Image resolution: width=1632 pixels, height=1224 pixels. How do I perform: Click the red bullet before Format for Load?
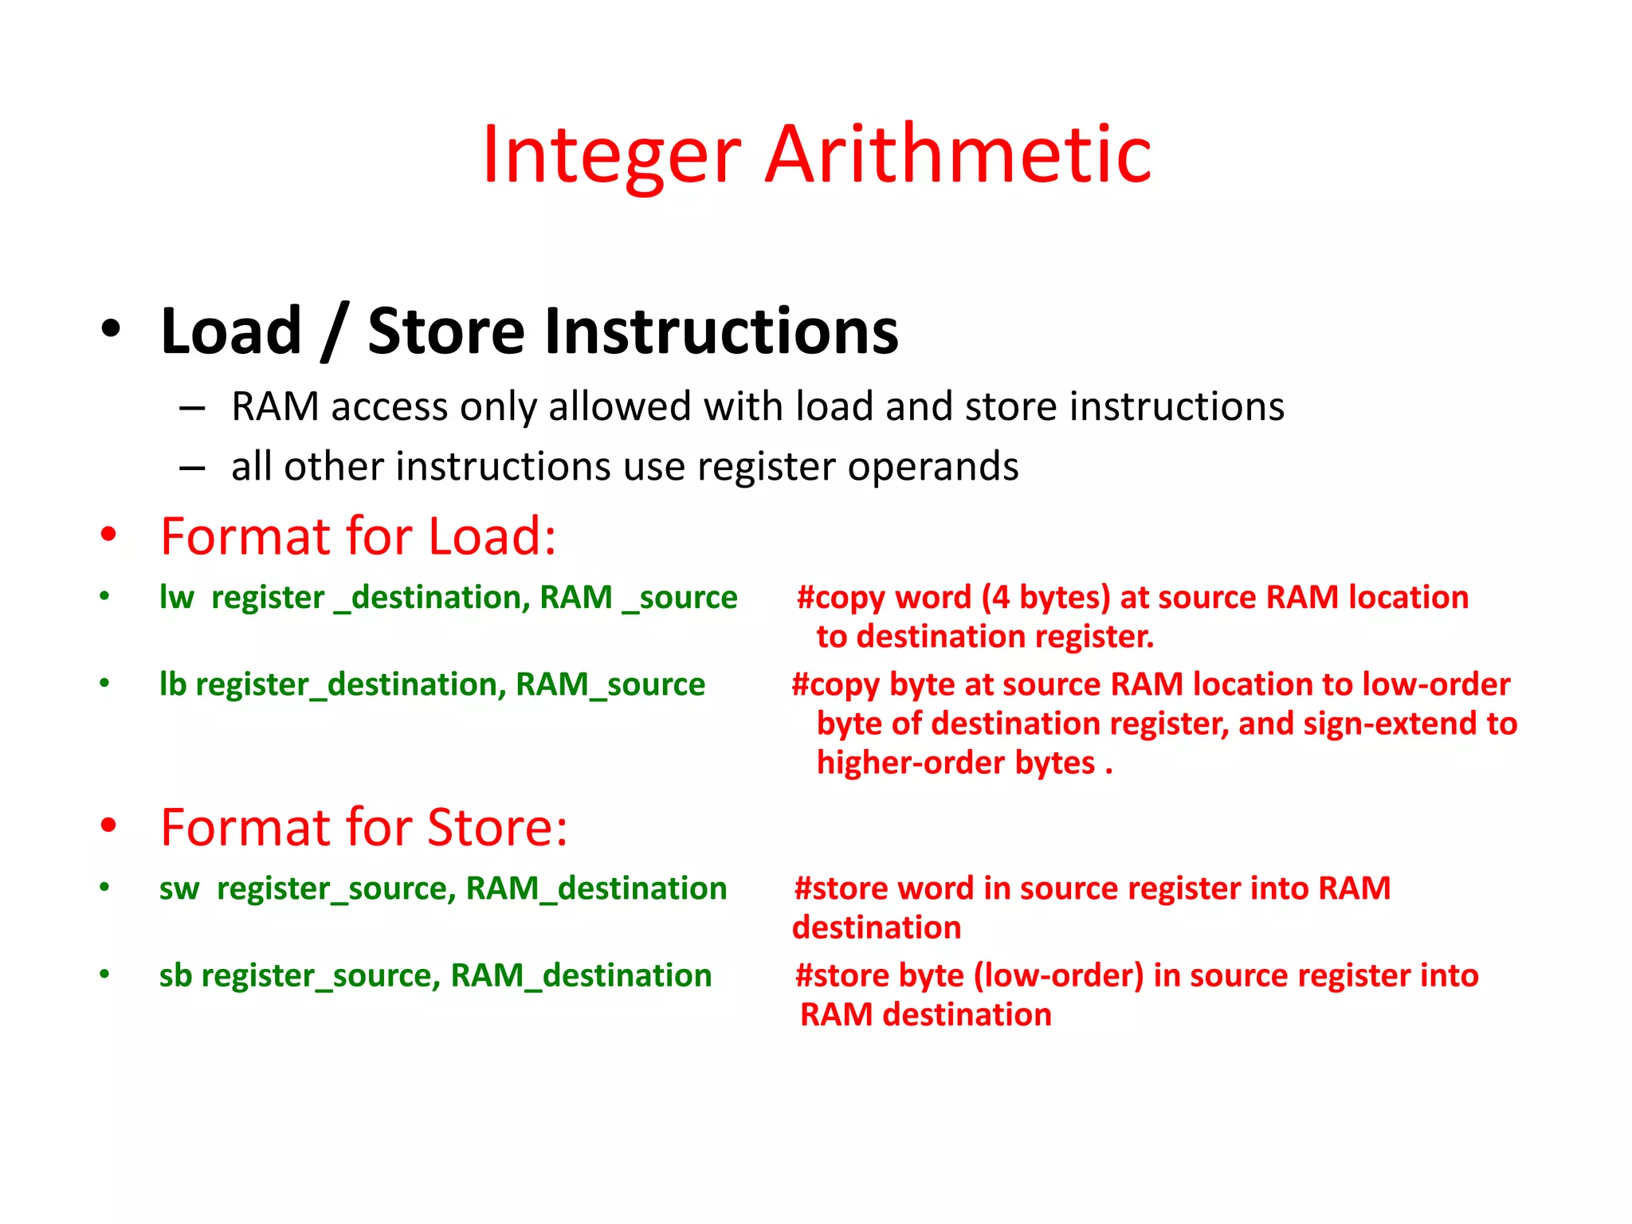pyautogui.click(x=108, y=535)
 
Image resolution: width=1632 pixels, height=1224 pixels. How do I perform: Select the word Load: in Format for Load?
pyautogui.click(x=492, y=536)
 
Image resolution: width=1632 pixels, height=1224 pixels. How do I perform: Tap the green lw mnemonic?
pyautogui.click(x=176, y=598)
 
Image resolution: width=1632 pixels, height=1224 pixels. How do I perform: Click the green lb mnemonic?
pyautogui.click(x=172, y=685)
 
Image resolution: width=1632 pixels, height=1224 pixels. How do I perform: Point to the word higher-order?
pyautogui.click(x=912, y=763)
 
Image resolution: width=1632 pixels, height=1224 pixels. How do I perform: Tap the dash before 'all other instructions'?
pyautogui.click(x=192, y=468)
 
